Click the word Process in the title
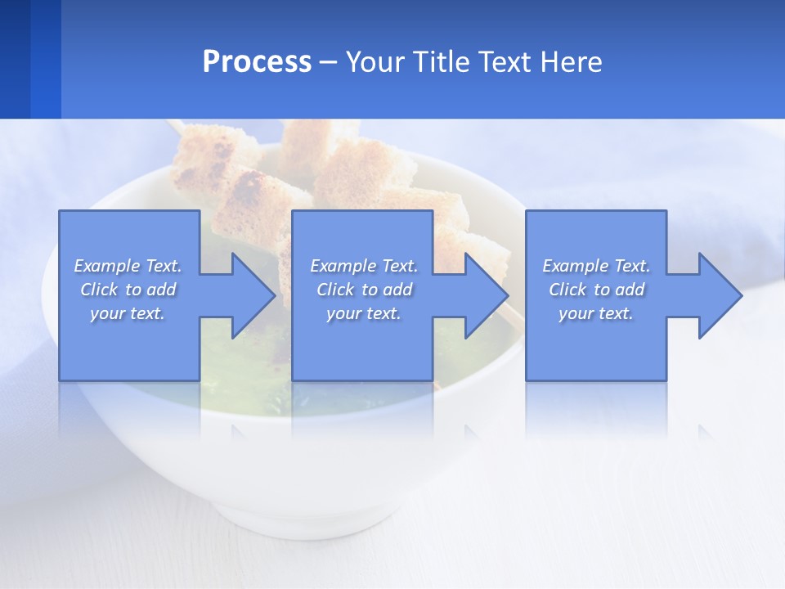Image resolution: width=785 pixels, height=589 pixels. tap(257, 62)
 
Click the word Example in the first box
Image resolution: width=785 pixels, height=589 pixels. tap(106, 266)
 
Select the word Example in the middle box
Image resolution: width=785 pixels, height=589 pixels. tap(343, 266)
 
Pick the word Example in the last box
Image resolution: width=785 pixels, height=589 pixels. tap(575, 266)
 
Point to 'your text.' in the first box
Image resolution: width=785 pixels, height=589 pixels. tap(128, 313)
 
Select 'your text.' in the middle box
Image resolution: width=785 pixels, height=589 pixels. tap(364, 313)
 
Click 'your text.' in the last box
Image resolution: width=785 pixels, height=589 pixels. tap(596, 313)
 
